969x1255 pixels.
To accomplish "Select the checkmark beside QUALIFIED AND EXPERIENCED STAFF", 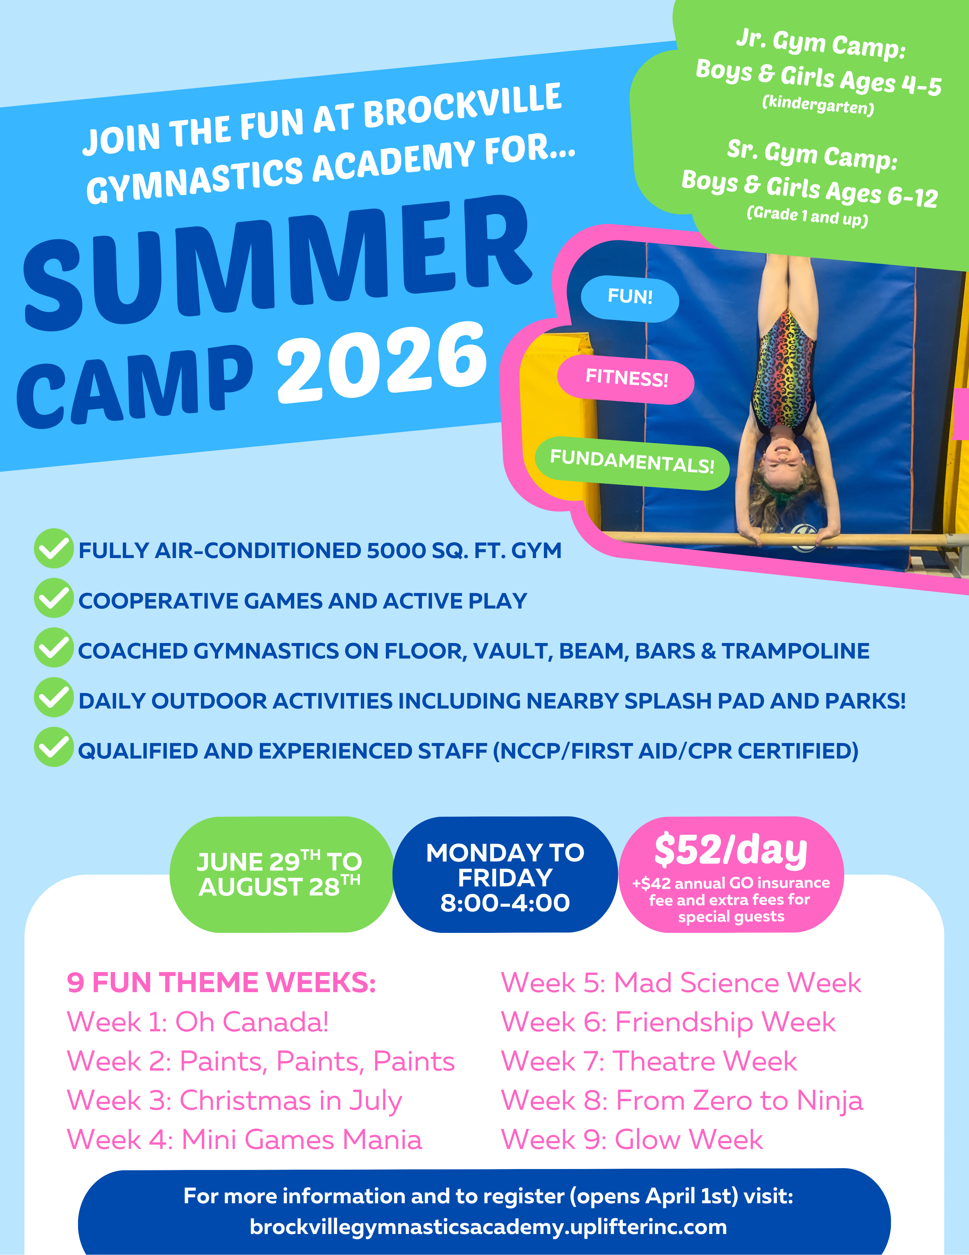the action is (53, 747).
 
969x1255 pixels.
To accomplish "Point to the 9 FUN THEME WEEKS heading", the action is (221, 983).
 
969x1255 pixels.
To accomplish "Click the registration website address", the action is (488, 1227).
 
